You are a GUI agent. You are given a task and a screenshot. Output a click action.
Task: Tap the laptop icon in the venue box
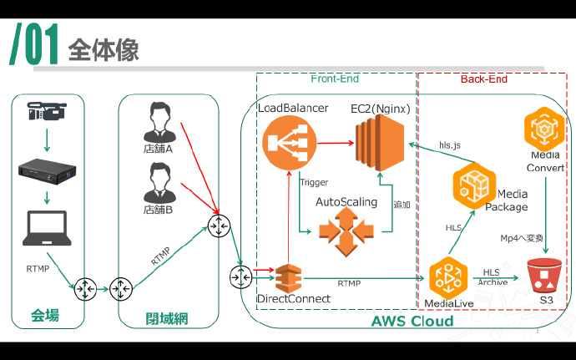(x=47, y=225)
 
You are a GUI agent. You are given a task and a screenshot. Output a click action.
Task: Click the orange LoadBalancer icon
(x=286, y=143)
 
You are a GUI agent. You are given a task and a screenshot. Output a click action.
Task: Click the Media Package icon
(x=474, y=185)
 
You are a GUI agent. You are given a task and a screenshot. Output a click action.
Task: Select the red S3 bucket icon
(x=546, y=274)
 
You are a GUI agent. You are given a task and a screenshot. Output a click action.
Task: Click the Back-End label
(x=483, y=79)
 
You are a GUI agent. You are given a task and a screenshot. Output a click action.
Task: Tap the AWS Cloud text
(x=412, y=321)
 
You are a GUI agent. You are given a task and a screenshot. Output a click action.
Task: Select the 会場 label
(x=45, y=316)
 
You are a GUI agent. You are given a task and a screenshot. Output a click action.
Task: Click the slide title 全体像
(x=104, y=48)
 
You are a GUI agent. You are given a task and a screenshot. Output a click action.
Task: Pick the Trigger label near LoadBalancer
(x=313, y=181)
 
